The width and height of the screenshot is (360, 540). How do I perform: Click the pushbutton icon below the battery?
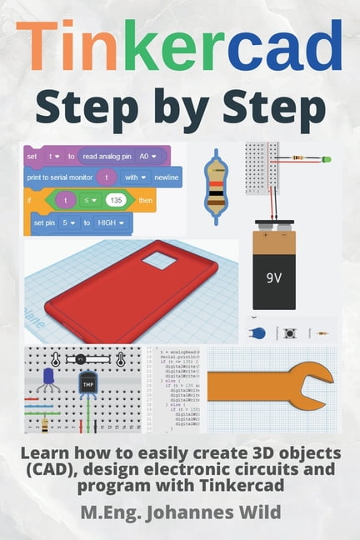pos(290,333)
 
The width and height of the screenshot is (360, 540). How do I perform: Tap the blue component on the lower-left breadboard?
pos(45,380)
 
